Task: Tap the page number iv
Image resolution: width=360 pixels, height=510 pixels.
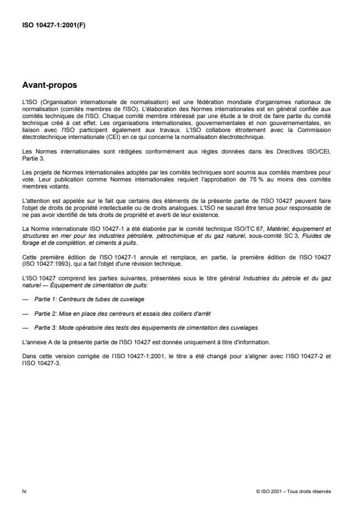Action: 24,491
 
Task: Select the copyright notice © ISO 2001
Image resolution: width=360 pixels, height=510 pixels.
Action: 294,491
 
